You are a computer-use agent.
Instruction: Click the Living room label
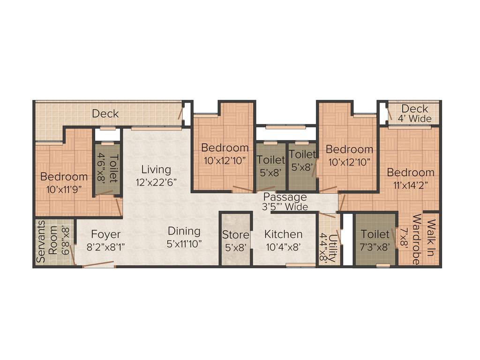click(x=157, y=169)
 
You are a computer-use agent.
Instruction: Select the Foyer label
click(x=106, y=234)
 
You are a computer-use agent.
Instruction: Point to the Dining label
click(x=184, y=231)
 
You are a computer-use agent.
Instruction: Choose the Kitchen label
click(x=283, y=234)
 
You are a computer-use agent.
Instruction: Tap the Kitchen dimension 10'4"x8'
click(x=283, y=247)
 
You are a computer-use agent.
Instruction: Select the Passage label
click(x=285, y=197)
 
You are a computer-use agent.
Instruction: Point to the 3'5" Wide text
click(x=285, y=207)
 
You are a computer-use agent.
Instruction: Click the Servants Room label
click(x=47, y=241)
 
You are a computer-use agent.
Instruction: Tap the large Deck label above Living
click(x=105, y=113)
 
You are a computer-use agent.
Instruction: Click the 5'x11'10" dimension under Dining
click(x=184, y=244)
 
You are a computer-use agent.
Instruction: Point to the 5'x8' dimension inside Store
click(x=235, y=247)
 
